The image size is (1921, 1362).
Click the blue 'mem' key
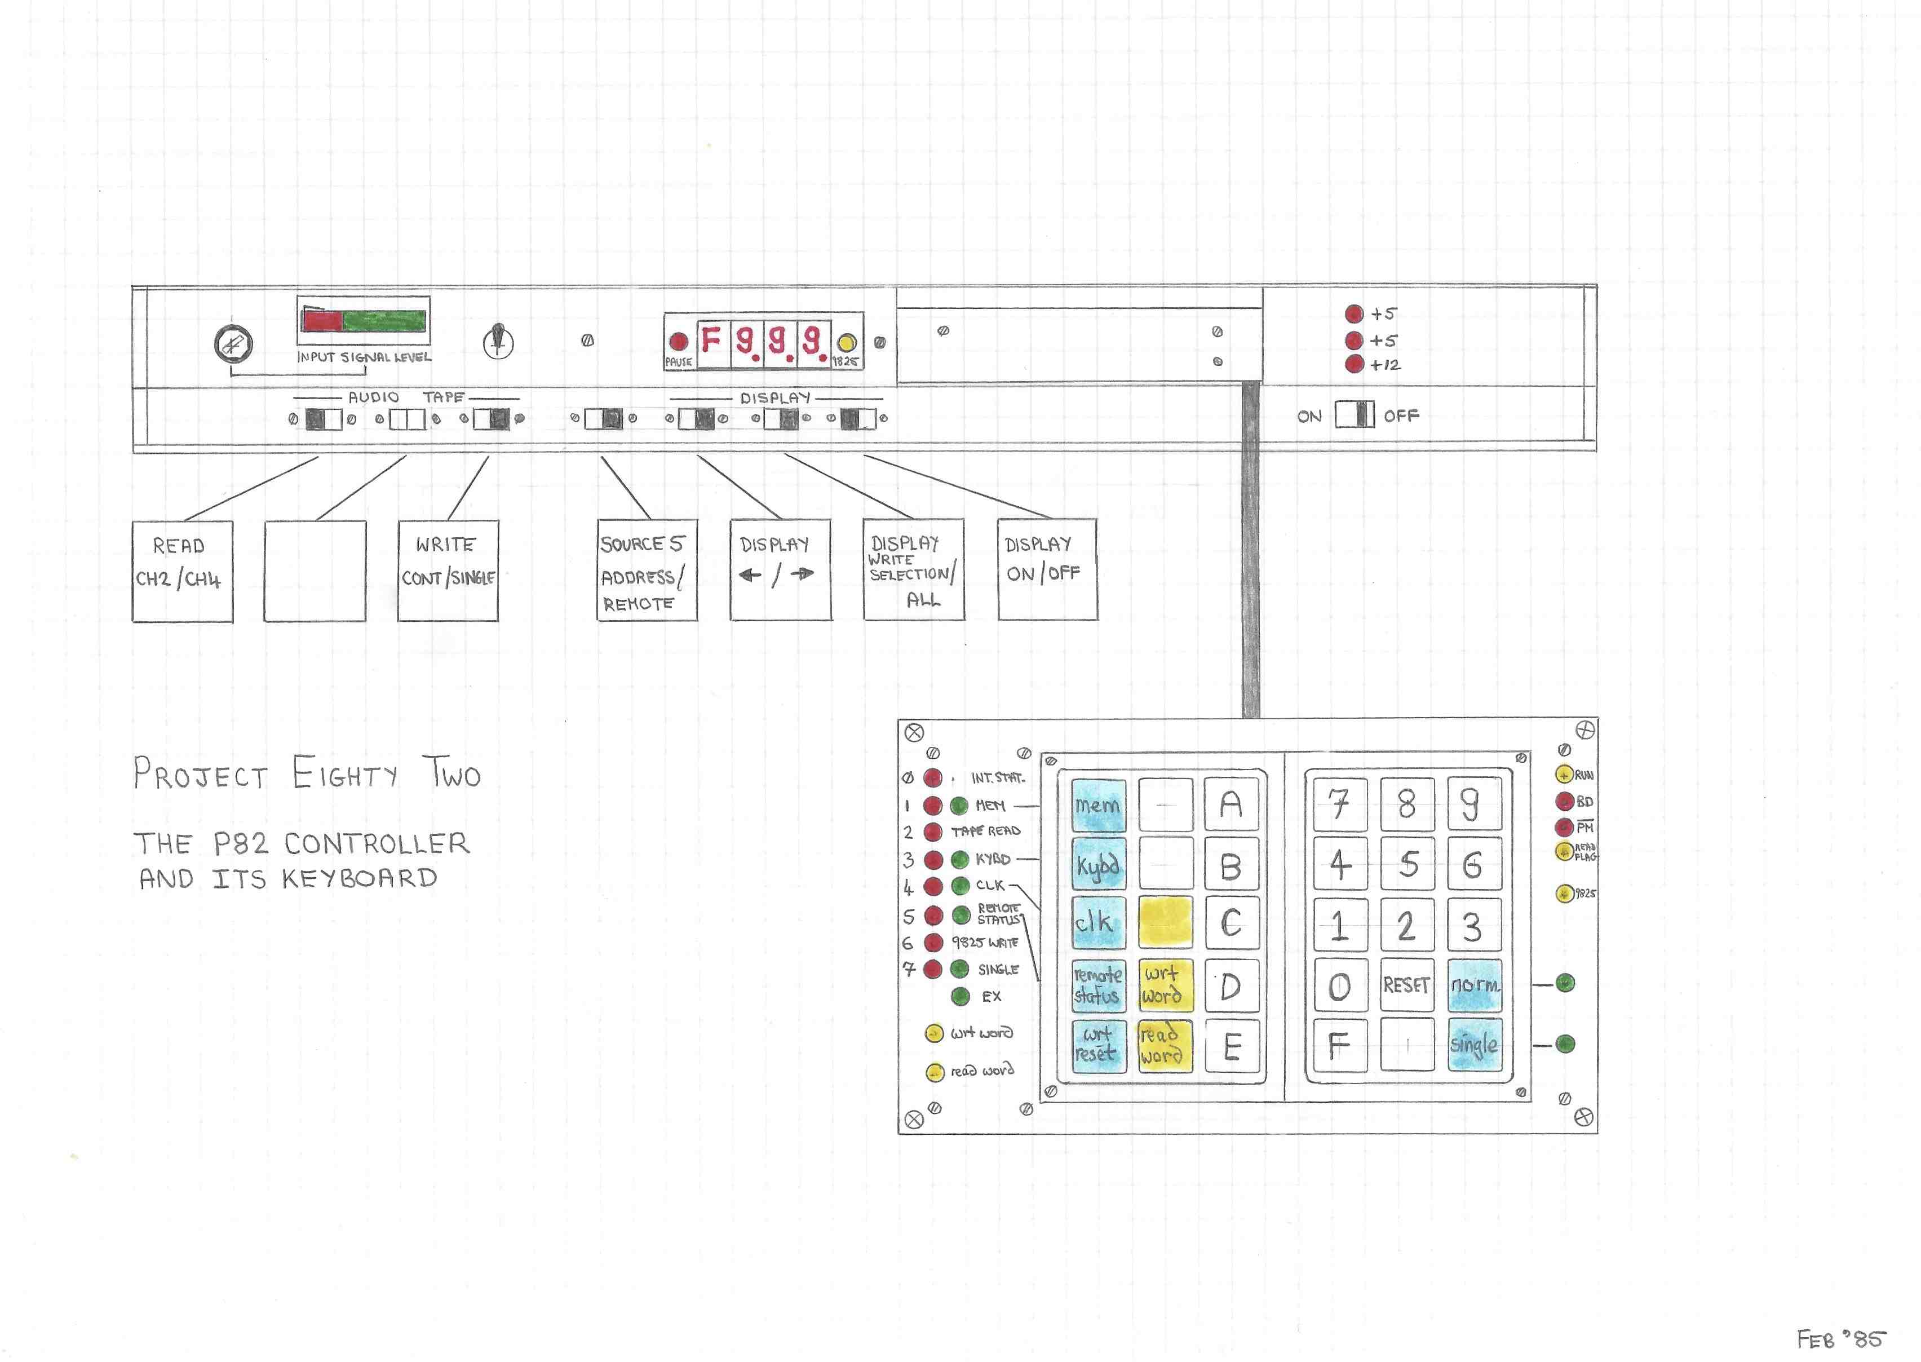coord(1097,805)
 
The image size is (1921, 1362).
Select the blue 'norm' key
coord(1473,985)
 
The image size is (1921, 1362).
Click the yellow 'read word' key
coord(1164,1045)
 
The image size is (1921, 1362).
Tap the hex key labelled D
coord(1231,985)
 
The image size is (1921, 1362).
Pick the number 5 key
coord(1407,864)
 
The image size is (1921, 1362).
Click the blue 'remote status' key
coord(1097,985)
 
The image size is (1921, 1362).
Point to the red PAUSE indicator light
coord(678,341)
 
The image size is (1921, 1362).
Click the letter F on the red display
coord(711,340)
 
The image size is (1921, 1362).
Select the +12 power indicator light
coord(1353,365)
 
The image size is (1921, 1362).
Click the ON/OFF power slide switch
coord(1354,415)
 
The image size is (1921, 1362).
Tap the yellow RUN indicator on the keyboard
coord(1563,775)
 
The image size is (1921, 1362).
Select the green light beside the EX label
coord(961,996)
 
